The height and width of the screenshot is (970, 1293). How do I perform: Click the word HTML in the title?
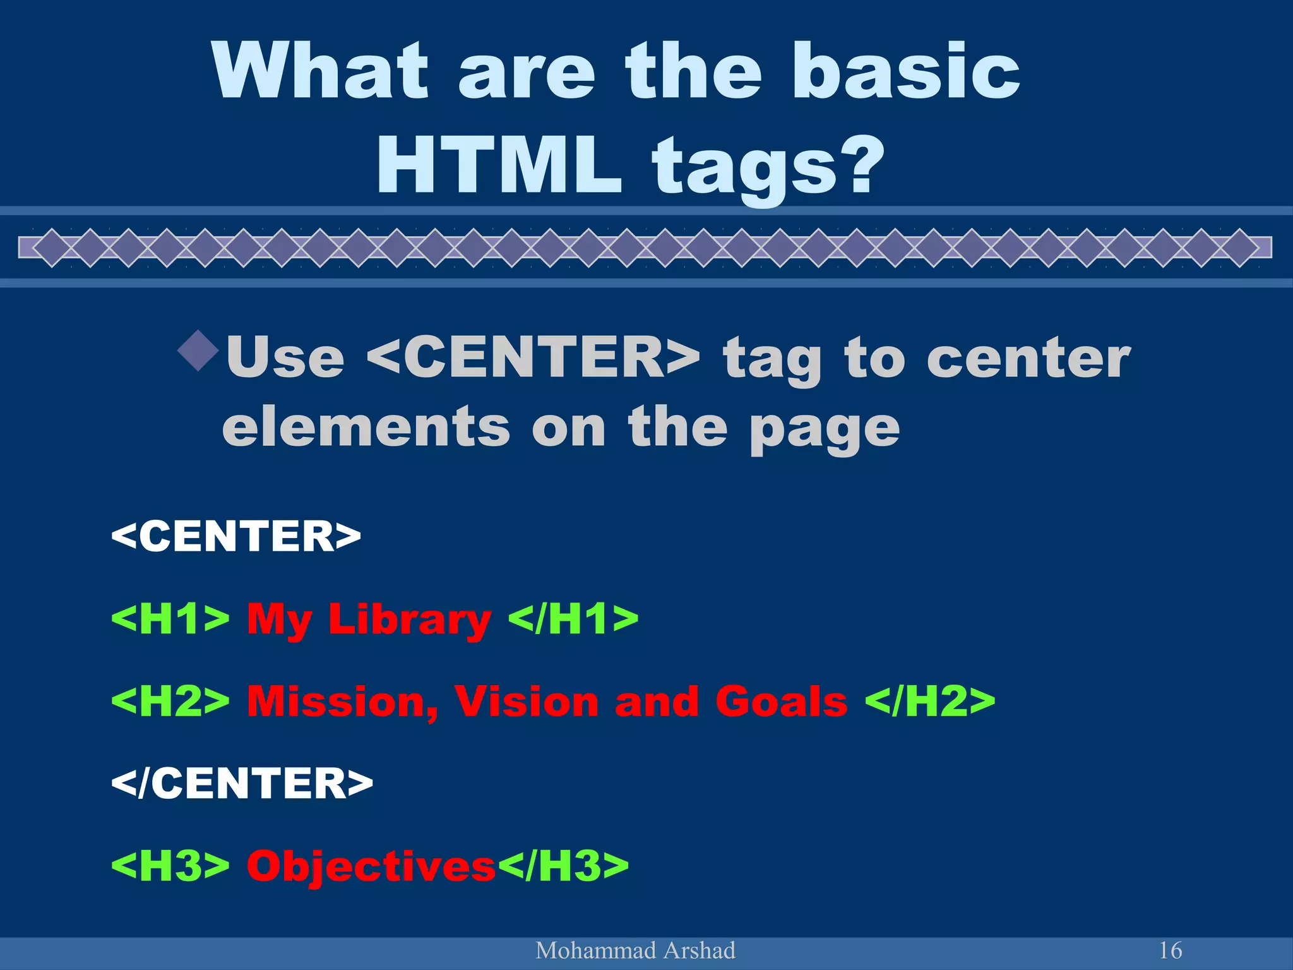coord(499,165)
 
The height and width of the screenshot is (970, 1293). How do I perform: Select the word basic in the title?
coord(907,71)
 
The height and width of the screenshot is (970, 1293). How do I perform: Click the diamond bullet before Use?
coord(198,350)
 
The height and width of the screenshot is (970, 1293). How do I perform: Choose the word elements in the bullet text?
coord(366,428)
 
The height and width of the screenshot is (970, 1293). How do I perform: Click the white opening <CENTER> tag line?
coord(236,536)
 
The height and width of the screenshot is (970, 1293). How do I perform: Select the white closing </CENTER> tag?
coord(242,783)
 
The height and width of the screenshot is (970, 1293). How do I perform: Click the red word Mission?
coord(342,702)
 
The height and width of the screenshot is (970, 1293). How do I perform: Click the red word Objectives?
coord(371,866)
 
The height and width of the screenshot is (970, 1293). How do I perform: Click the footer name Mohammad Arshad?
coord(635,950)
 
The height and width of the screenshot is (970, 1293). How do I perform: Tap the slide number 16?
coord(1171,950)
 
